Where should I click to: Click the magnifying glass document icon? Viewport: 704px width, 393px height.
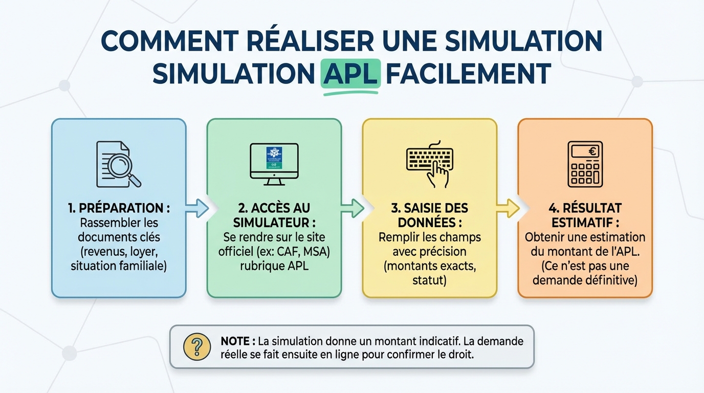click(119, 164)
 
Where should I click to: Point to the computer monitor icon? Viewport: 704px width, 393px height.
click(274, 164)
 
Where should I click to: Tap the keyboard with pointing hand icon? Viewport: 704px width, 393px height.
click(429, 164)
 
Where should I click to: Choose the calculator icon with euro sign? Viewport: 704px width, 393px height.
click(585, 164)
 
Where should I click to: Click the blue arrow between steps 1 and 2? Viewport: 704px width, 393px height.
click(196, 208)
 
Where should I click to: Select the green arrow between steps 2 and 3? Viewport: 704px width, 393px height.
click(352, 208)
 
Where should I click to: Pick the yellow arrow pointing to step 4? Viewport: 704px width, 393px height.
click(508, 208)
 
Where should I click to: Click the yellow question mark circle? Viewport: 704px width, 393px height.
click(197, 346)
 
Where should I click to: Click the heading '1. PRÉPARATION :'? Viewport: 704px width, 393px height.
click(119, 208)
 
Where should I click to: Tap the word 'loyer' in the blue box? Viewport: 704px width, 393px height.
click(138, 252)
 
